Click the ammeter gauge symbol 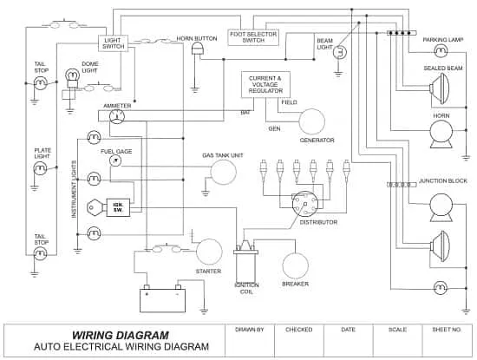click(x=117, y=116)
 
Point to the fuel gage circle click(x=115, y=160)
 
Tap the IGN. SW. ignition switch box click(x=118, y=207)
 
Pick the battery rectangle click(x=162, y=300)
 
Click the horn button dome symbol click(x=198, y=49)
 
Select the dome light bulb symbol click(x=72, y=78)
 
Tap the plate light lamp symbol click(x=40, y=168)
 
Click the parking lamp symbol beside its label click(x=441, y=51)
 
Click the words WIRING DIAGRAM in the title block click(x=121, y=336)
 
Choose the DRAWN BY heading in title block click(x=250, y=330)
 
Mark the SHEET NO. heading click(x=447, y=330)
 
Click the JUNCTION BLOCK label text click(x=443, y=181)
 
